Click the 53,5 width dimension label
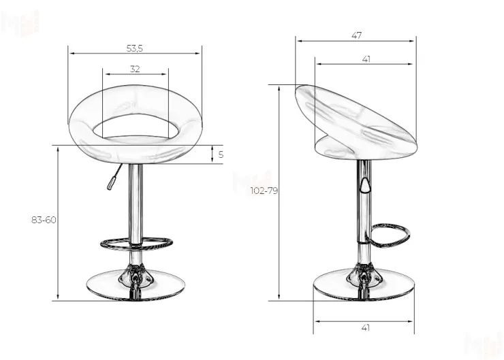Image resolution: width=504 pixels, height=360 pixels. coord(134,48)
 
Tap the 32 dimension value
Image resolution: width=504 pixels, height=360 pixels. coord(135,69)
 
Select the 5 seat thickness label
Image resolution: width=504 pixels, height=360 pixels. coord(221,154)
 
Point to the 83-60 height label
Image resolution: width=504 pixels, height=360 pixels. coord(44,220)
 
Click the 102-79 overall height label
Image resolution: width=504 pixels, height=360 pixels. coord(264,191)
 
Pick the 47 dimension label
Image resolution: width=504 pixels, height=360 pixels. coord(356,35)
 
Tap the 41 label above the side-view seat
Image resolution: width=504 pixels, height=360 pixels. coord(366,59)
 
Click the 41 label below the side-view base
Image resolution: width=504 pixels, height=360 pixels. coord(366,328)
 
